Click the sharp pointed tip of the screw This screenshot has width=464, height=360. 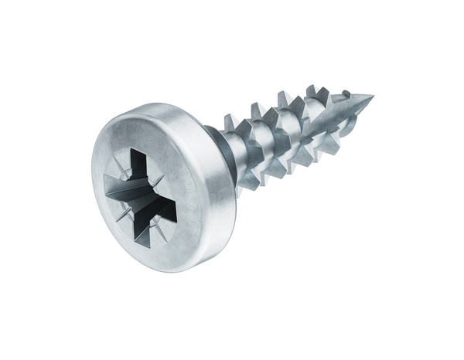point(372,97)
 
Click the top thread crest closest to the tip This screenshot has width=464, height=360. point(312,88)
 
